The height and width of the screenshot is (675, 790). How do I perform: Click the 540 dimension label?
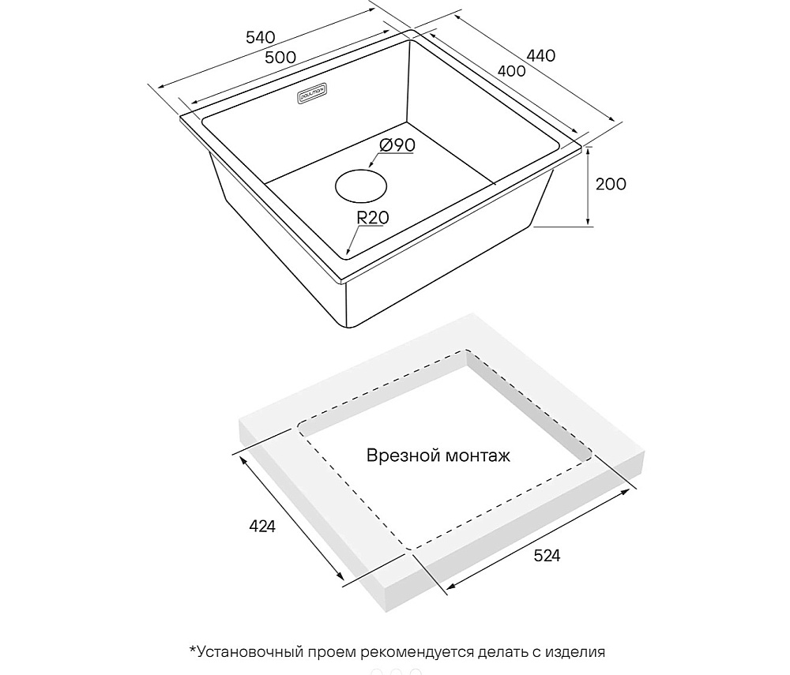click(261, 38)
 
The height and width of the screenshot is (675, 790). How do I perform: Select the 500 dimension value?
click(280, 58)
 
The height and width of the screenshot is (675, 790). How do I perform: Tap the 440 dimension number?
click(540, 54)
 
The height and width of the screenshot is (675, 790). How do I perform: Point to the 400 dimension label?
click(511, 70)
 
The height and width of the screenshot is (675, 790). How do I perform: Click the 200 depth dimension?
click(611, 184)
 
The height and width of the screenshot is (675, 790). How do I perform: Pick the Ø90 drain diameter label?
click(397, 145)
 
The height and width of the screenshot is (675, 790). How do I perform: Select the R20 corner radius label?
click(373, 217)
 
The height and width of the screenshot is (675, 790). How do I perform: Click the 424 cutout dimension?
click(262, 527)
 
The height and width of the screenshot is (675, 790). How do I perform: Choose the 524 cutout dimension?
click(547, 556)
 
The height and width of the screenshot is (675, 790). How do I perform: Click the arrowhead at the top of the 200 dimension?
click(588, 149)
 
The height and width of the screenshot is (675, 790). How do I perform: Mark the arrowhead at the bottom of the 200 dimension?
click(588, 222)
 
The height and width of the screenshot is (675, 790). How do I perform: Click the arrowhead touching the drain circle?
click(371, 164)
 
